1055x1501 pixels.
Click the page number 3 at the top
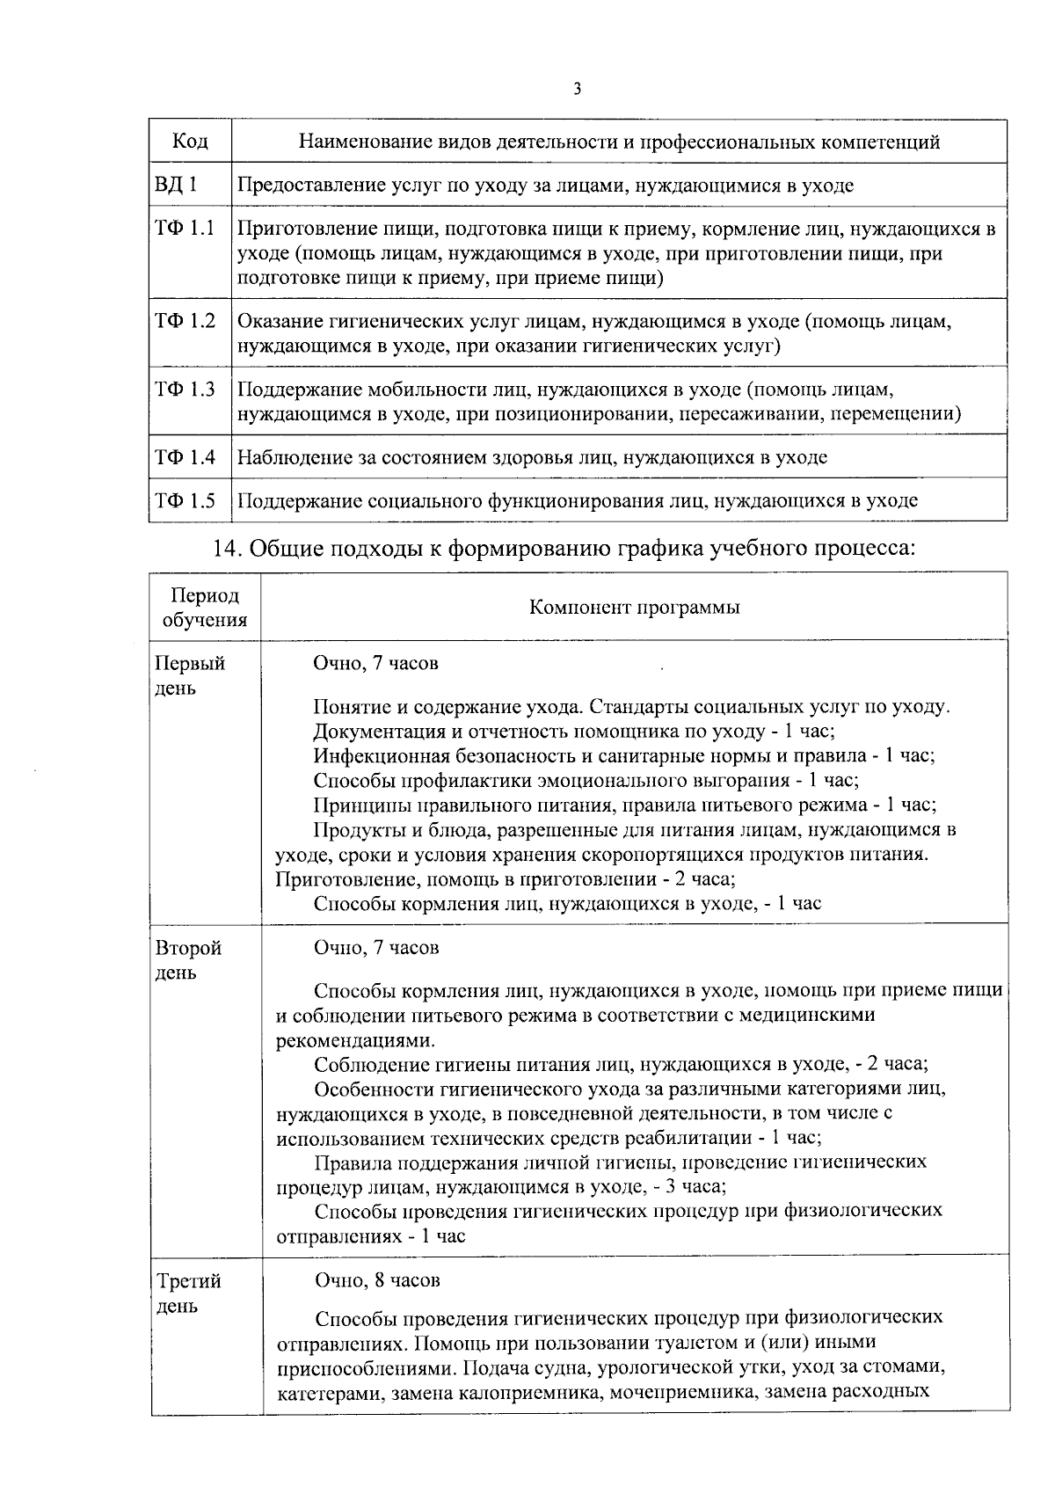click(x=577, y=89)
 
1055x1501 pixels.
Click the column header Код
click(x=190, y=142)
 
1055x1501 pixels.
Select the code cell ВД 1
click(x=176, y=185)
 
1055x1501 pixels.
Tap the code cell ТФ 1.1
click(x=185, y=229)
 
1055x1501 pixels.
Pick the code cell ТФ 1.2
click(x=185, y=321)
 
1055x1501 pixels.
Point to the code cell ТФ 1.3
click(x=185, y=389)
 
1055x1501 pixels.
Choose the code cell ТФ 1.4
click(x=185, y=456)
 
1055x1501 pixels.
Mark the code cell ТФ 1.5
click(x=185, y=500)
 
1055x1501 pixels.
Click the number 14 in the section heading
click(x=227, y=548)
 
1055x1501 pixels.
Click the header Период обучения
click(x=206, y=608)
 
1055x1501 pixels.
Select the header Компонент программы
click(x=634, y=608)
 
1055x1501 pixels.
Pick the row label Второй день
click(x=188, y=960)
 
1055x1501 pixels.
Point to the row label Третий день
click(x=188, y=1293)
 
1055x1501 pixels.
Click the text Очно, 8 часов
click(x=377, y=1280)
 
